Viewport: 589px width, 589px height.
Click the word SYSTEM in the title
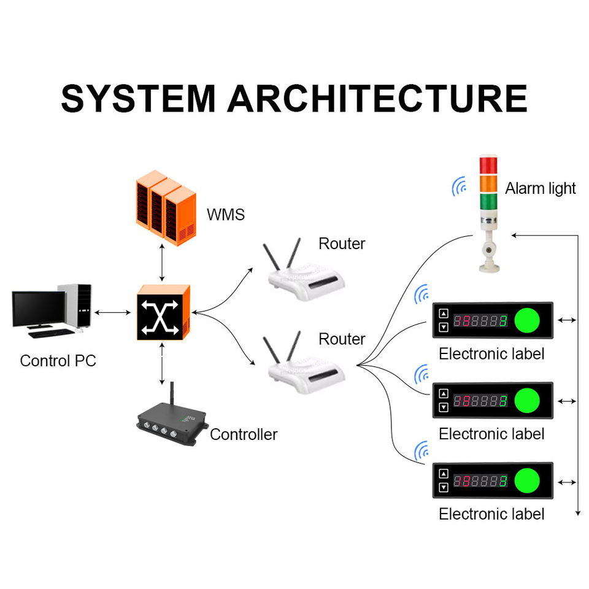[139, 98]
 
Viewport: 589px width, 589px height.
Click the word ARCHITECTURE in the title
[378, 98]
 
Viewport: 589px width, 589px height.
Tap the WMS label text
[225, 215]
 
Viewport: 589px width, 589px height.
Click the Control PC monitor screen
[38, 308]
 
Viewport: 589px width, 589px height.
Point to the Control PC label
[58, 361]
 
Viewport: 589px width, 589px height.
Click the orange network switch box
[163, 312]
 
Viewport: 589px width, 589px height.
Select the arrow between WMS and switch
[162, 264]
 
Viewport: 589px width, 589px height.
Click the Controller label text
[244, 434]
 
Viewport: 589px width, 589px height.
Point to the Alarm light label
[540, 188]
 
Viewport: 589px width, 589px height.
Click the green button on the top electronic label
[526, 320]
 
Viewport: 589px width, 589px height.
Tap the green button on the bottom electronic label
[526, 480]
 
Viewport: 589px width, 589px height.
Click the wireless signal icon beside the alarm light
[458, 187]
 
